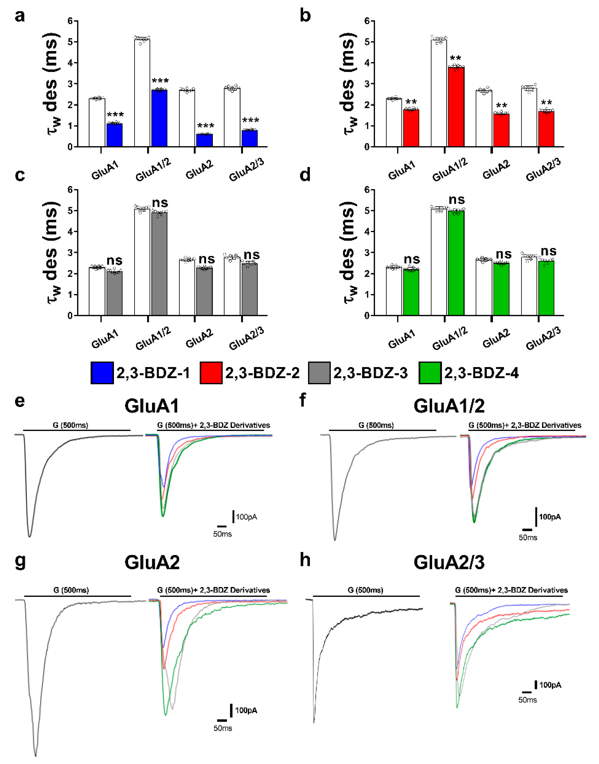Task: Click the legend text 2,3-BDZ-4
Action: click(x=481, y=373)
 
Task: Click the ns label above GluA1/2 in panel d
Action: click(x=457, y=200)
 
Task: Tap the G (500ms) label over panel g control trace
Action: click(x=71, y=590)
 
